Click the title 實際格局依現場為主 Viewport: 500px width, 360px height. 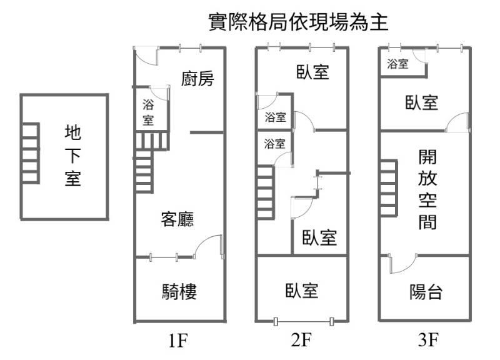click(x=299, y=23)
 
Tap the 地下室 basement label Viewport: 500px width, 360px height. click(x=72, y=156)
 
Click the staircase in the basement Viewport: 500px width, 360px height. click(x=31, y=153)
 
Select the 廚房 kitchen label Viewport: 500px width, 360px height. click(x=197, y=79)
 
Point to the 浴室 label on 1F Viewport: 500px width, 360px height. click(x=148, y=112)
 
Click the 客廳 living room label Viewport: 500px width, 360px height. click(x=177, y=219)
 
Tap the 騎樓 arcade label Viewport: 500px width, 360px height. click(x=179, y=291)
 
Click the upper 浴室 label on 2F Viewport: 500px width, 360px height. click(x=275, y=117)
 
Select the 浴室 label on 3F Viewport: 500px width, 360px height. click(x=398, y=63)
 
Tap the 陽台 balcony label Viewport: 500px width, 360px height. click(x=426, y=291)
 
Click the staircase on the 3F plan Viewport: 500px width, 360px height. click(x=387, y=188)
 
